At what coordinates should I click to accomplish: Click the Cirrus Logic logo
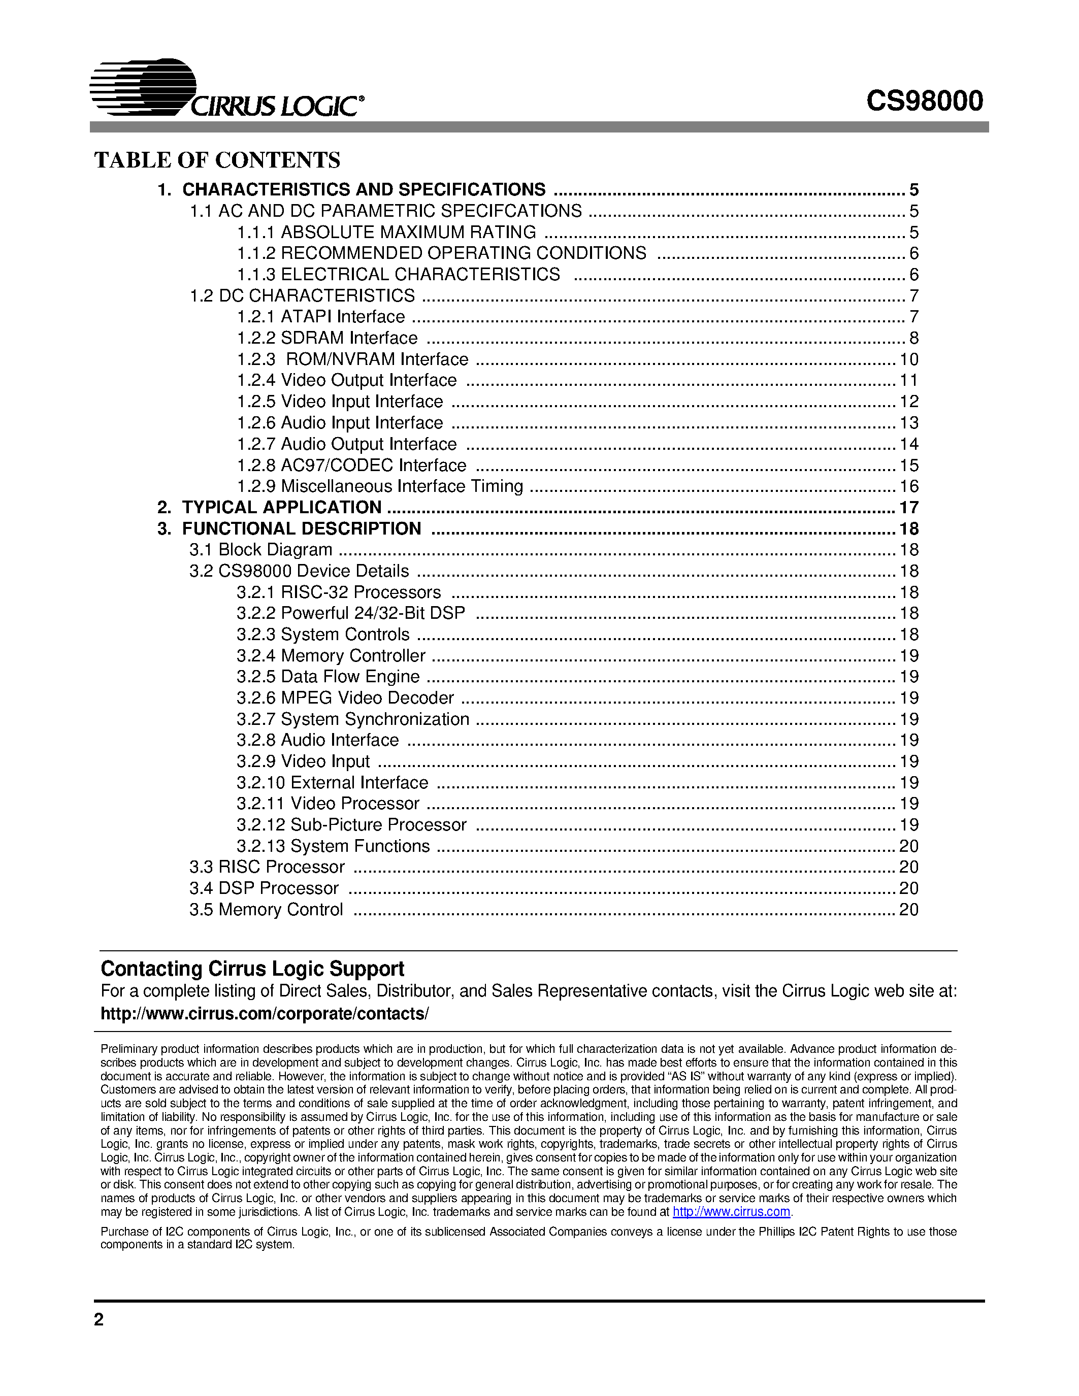coord(227,89)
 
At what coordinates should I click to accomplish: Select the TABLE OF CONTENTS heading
coord(217,160)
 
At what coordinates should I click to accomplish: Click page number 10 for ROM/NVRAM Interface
coord(908,359)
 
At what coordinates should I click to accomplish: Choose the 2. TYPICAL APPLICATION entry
coord(269,508)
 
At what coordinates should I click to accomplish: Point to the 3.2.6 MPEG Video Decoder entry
coord(345,698)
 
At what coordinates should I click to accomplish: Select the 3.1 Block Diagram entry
coord(261,550)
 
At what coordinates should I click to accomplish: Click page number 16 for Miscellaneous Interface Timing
coord(908,486)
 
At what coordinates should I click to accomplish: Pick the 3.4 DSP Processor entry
coord(264,888)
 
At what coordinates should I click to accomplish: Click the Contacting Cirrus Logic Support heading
coord(252,969)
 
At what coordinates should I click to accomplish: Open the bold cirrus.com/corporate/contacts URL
coord(265,1014)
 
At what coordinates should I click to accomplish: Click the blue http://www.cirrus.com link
coord(731,1212)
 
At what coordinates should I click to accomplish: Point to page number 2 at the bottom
coord(99,1319)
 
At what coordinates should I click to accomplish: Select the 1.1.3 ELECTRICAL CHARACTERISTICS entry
coord(398,275)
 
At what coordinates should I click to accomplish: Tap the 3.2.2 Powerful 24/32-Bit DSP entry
coord(350,614)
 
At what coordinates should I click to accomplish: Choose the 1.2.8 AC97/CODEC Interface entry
coord(351,466)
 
